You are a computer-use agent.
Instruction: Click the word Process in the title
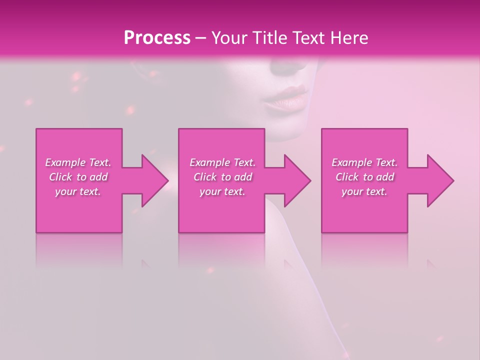(x=157, y=38)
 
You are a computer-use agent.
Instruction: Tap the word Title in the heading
(x=270, y=38)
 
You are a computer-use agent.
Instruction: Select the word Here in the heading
(x=349, y=38)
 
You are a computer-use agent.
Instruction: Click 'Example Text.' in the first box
(x=78, y=162)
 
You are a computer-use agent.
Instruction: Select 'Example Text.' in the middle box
(x=222, y=162)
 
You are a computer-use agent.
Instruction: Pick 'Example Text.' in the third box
(x=364, y=162)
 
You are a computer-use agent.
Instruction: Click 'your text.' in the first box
(x=78, y=191)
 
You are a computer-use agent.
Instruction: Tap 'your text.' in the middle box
(x=222, y=191)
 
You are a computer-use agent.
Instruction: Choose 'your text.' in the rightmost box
(x=364, y=191)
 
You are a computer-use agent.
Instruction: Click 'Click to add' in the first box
(x=78, y=177)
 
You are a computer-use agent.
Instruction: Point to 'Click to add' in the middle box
(x=222, y=177)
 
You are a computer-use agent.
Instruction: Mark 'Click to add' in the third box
(x=364, y=177)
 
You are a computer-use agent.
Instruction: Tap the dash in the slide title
(x=201, y=38)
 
